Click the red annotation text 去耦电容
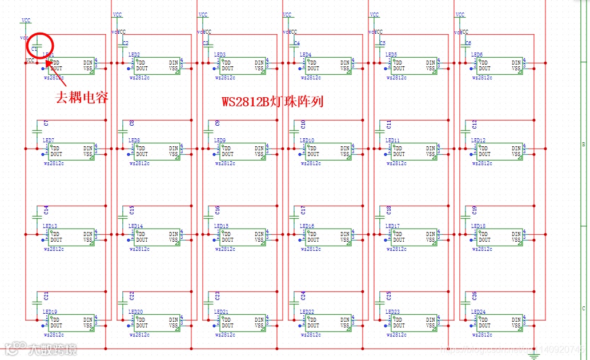(82, 98)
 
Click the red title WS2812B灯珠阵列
(272, 102)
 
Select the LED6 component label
(477, 55)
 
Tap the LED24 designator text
(478, 312)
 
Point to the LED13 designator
(50, 226)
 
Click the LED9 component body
(243, 151)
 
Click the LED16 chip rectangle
(328, 237)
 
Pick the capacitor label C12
(475, 123)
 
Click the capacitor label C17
(303, 210)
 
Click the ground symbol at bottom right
(534, 355)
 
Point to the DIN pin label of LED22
(345, 320)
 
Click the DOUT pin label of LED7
(56, 154)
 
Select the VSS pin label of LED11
(430, 154)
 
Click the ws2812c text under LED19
(54, 334)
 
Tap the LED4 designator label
(306, 55)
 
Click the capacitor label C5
(382, 43)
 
